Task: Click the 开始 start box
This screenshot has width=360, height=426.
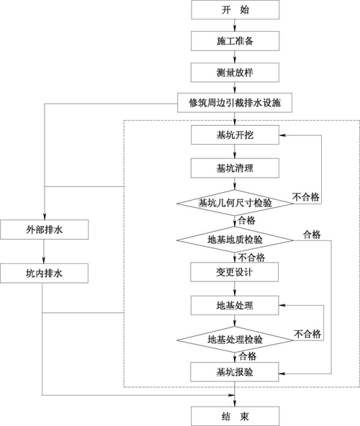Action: coord(235,10)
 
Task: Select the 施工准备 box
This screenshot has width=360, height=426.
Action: coord(235,41)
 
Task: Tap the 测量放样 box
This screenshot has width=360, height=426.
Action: coord(235,72)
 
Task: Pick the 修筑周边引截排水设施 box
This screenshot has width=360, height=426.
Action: coord(235,103)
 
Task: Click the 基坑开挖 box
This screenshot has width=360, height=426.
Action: coord(235,135)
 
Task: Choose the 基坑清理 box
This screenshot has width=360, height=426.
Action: coord(235,168)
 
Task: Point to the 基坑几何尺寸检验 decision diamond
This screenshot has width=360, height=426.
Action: coord(235,203)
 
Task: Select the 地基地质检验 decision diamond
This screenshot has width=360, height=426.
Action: coord(235,238)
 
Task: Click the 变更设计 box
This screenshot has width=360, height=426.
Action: coord(235,272)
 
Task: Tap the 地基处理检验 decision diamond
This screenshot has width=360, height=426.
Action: coord(235,339)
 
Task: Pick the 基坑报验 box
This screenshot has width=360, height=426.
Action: coord(235,372)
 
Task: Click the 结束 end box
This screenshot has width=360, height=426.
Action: coord(235,415)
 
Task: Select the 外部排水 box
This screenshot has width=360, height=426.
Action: coord(44,230)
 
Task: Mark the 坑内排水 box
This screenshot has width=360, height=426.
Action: coord(44,273)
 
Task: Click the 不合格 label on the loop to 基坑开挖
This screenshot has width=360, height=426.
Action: coord(307,196)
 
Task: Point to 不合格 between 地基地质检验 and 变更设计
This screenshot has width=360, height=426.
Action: coord(253,256)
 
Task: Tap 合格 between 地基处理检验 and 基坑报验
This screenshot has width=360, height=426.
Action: coord(248,355)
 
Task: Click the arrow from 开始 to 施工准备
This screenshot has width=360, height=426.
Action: coord(235,26)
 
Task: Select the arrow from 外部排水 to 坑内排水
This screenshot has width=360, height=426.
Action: coord(44,251)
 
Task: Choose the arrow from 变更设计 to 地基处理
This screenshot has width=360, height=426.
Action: coord(235,289)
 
